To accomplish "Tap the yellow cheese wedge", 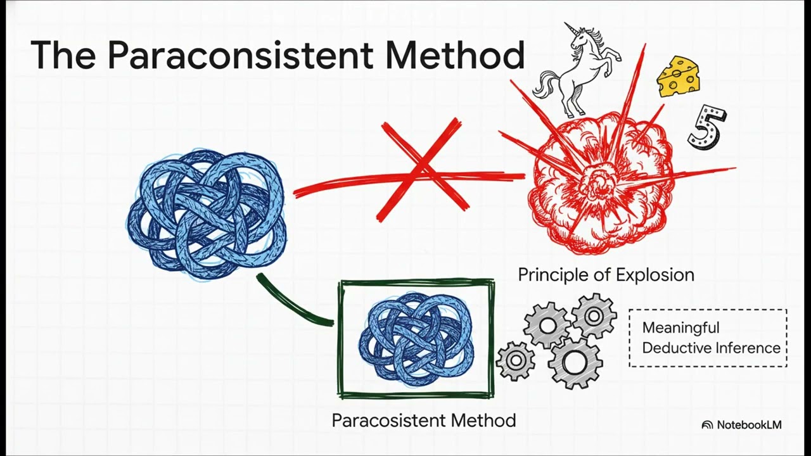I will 677,77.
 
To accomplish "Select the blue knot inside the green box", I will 416,339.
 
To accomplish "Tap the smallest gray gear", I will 515,360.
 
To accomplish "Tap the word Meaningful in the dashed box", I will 680,328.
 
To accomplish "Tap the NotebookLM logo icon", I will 707,425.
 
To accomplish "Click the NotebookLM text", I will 749,425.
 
